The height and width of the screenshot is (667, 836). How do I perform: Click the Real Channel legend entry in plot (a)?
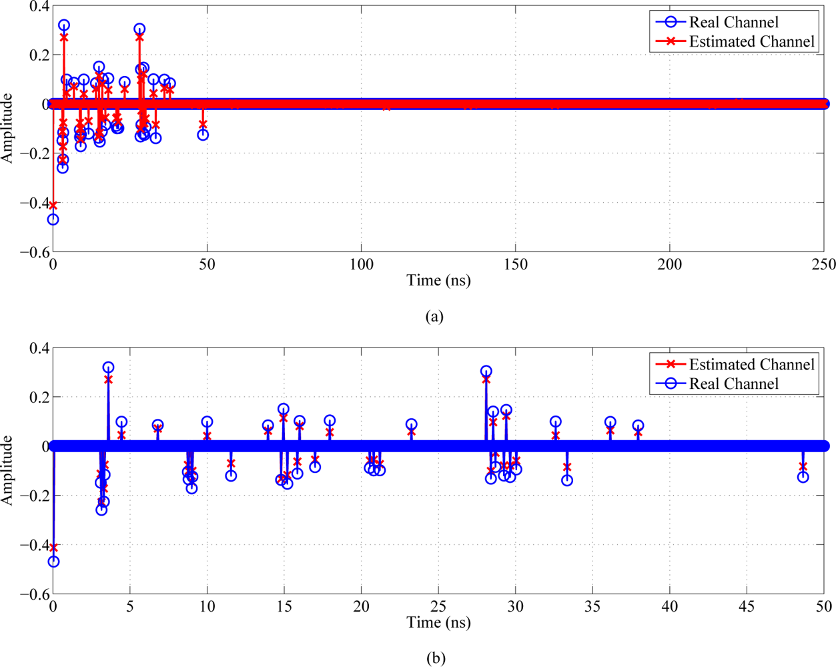733,22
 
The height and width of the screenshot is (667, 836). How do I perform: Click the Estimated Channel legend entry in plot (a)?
751,41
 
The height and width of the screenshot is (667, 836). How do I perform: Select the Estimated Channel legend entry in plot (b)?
751,364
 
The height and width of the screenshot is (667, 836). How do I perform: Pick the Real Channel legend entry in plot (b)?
733,384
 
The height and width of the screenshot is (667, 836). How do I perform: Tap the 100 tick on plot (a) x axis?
361,265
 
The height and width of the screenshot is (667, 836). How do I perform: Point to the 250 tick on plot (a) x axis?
823,265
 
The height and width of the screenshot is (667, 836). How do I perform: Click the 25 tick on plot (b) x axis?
438,606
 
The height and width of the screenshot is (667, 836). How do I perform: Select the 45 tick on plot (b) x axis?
747,606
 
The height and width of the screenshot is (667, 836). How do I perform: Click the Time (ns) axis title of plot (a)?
438,280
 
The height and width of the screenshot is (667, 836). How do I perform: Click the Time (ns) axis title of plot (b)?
438,622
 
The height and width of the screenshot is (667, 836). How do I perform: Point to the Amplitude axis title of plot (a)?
8,128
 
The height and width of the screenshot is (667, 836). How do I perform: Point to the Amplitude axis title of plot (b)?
8,470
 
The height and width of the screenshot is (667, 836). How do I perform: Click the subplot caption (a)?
434,316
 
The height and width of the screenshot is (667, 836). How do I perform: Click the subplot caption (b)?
436,658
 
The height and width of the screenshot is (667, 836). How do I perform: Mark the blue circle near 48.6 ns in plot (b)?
803,477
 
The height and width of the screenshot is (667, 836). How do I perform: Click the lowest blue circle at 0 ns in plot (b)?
53,562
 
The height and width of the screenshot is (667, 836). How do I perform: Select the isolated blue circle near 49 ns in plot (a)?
203,135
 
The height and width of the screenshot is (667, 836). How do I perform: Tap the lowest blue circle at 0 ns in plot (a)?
53,219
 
